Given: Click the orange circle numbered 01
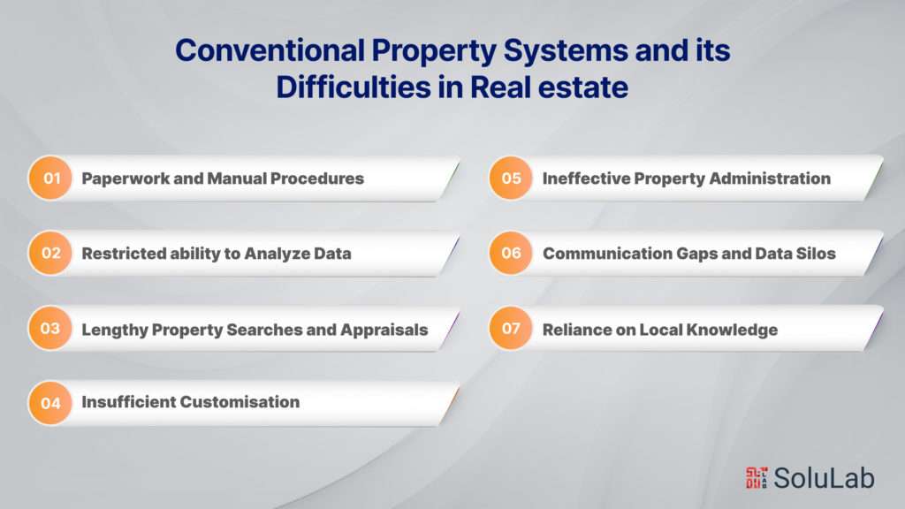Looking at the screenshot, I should [50, 179].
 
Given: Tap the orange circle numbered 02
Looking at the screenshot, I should [50, 254].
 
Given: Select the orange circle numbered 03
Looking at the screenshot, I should [50, 330].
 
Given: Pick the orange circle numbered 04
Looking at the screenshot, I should [50, 403].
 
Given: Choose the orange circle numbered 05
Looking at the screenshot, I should [511, 179].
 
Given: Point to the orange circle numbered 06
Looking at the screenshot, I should [511, 254].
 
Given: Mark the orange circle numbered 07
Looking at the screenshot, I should [511, 330].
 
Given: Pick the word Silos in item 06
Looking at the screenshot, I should [815, 254].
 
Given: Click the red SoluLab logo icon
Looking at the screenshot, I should [757, 477].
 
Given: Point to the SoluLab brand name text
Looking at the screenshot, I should [824, 477].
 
